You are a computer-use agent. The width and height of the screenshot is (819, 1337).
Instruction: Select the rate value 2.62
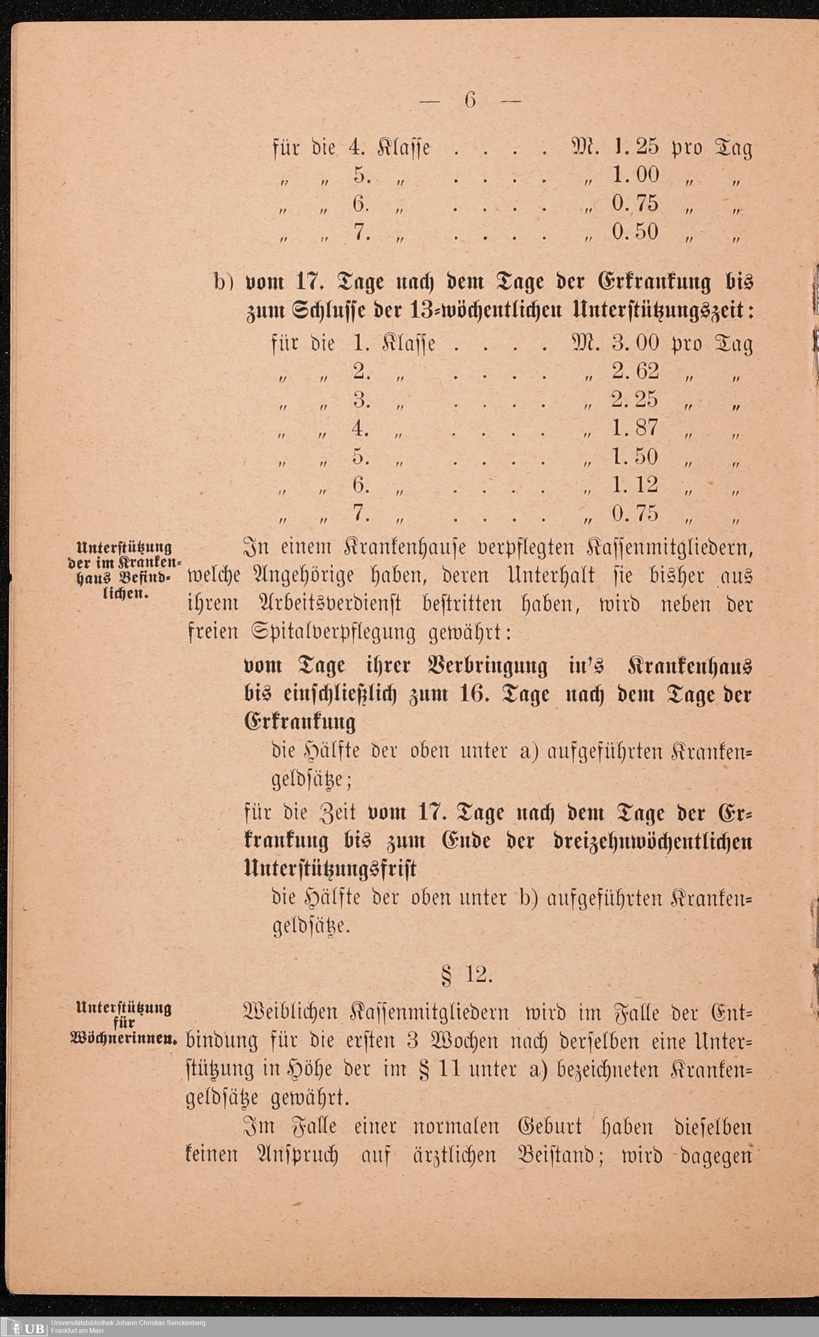(x=635, y=371)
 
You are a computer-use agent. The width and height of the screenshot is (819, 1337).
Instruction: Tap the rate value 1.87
(x=635, y=428)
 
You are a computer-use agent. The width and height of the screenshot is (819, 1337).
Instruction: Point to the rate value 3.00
(x=635, y=343)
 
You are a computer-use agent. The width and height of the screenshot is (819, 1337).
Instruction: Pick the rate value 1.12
(x=635, y=484)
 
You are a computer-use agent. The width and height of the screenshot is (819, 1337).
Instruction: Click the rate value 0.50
(x=635, y=232)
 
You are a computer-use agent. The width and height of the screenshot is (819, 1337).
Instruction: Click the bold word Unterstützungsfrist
(x=330, y=869)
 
